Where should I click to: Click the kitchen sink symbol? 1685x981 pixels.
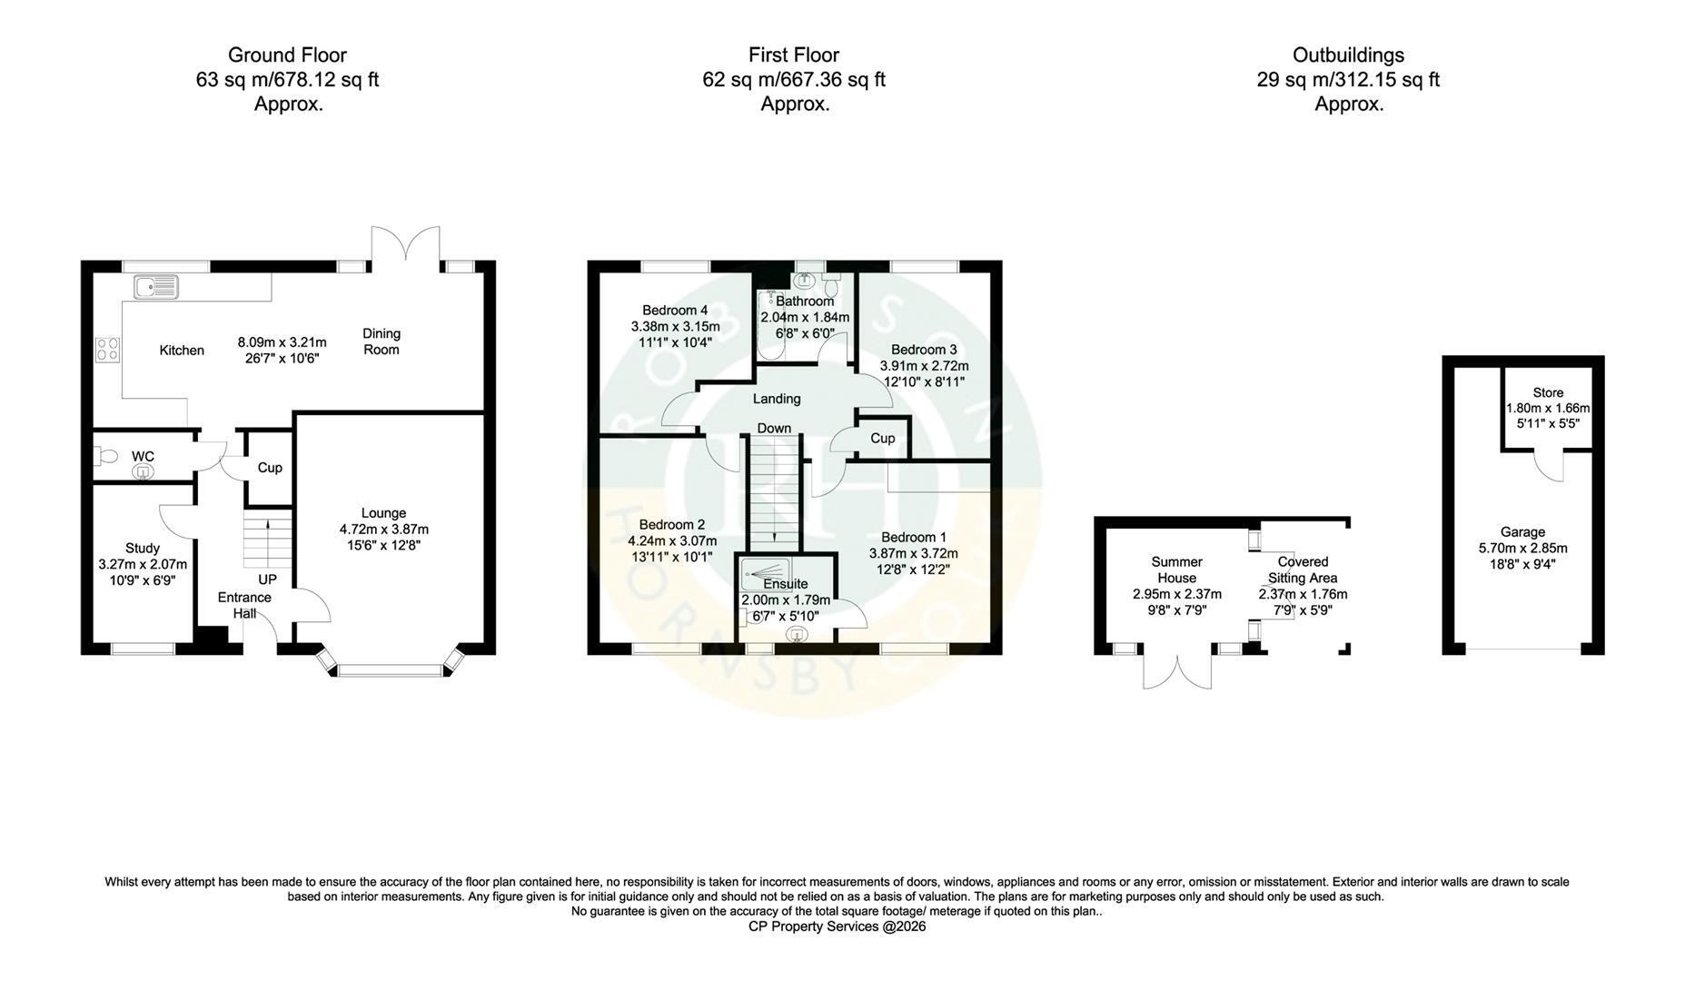click(157, 288)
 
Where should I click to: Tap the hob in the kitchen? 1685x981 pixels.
click(107, 350)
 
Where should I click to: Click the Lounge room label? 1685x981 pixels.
click(383, 513)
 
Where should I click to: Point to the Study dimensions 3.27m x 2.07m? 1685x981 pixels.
click(143, 564)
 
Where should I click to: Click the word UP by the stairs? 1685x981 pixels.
click(267, 580)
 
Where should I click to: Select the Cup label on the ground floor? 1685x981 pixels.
click(270, 468)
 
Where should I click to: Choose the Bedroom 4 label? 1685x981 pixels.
click(675, 310)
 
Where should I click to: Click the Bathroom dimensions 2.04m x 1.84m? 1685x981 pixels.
click(805, 317)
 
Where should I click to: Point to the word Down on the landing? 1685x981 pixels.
click(774, 429)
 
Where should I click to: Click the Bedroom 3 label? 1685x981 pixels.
click(924, 350)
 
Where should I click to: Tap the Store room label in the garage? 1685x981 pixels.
click(1548, 393)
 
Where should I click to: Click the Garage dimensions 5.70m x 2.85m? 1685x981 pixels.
click(1522, 548)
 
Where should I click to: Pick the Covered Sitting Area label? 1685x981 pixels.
click(1303, 570)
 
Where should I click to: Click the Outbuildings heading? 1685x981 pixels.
click(1349, 55)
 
